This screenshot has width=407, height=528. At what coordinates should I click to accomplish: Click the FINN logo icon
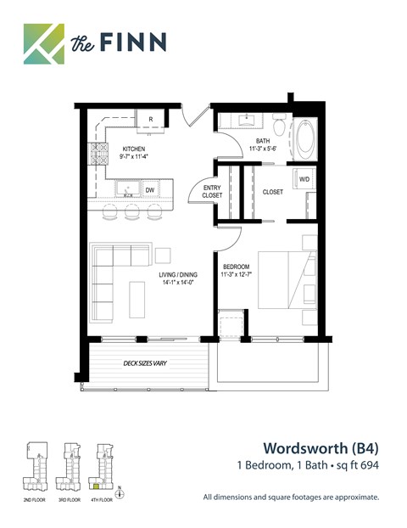pyautogui.click(x=43, y=43)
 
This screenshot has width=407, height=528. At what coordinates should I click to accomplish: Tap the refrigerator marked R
pyautogui.click(x=150, y=120)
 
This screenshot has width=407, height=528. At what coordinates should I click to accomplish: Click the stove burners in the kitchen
pyautogui.click(x=100, y=153)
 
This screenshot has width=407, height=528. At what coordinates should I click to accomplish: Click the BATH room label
pyautogui.click(x=261, y=143)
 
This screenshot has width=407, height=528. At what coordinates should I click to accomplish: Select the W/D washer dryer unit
pyautogui.click(x=304, y=180)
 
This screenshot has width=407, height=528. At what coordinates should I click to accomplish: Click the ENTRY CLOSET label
pyautogui.click(x=212, y=192)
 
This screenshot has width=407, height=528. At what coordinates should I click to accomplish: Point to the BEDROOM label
pyautogui.click(x=237, y=270)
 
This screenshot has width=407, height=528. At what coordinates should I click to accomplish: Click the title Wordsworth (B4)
pyautogui.click(x=319, y=447)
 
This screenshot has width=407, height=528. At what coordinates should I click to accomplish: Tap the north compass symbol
pyautogui.click(x=120, y=492)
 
